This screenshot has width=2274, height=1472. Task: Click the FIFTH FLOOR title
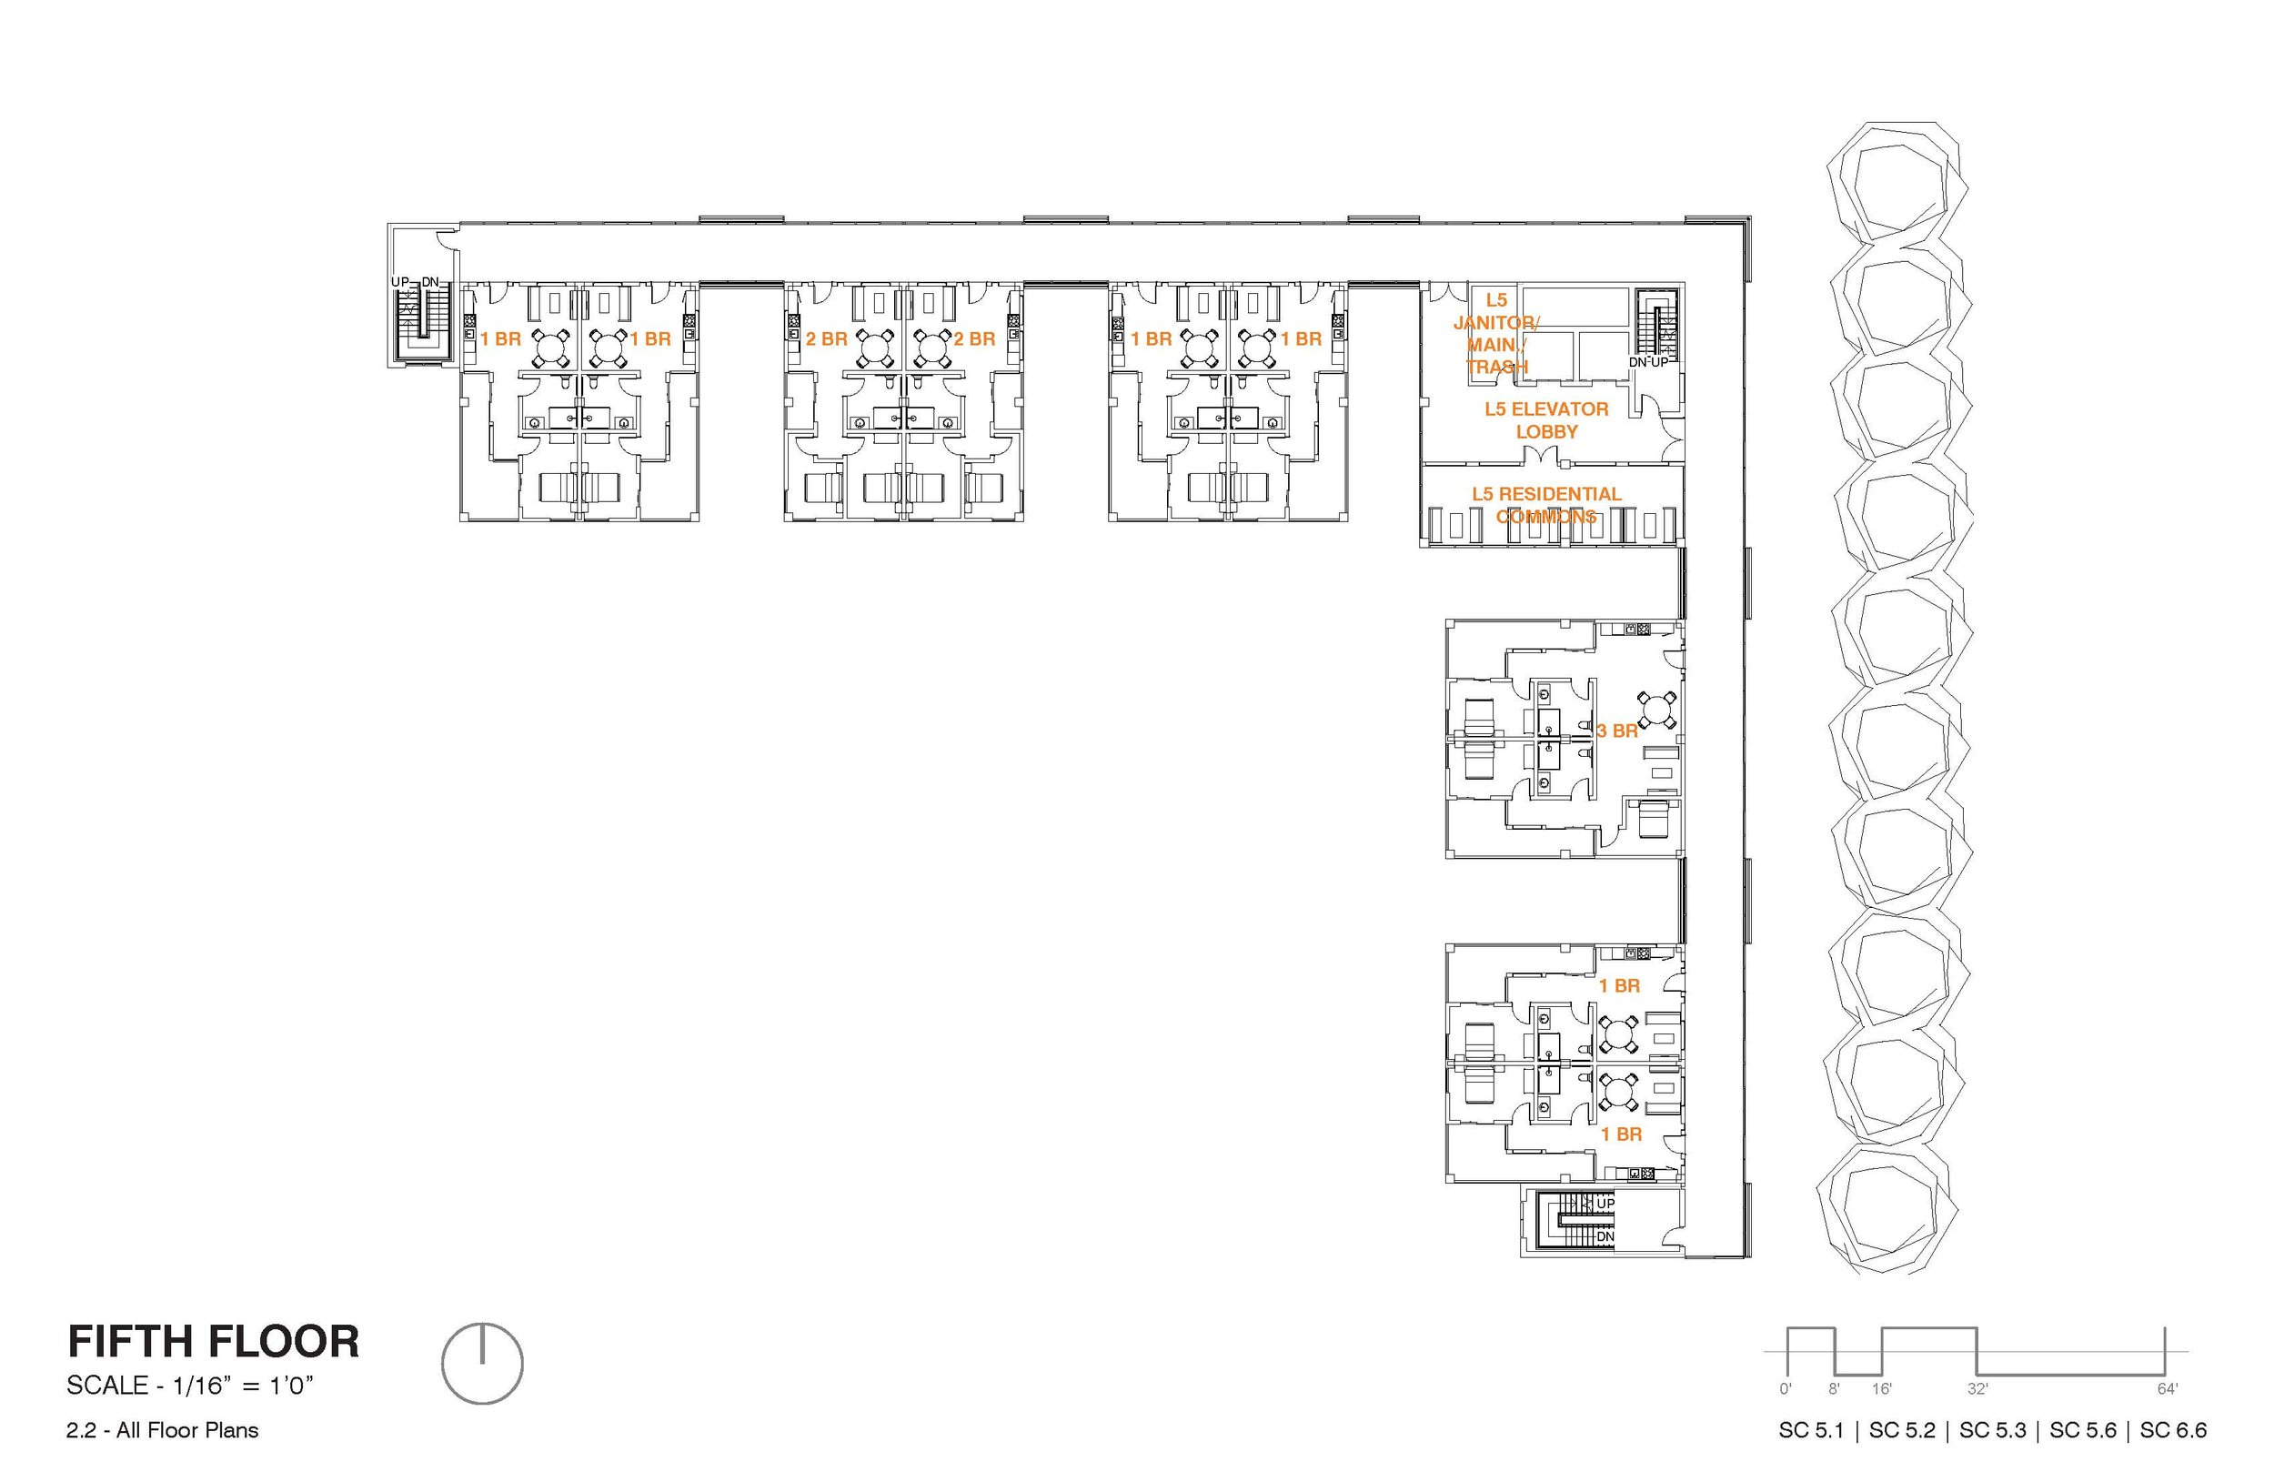click(213, 1342)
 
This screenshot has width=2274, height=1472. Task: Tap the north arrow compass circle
click(482, 1363)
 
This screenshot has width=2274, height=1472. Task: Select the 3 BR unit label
click(1616, 731)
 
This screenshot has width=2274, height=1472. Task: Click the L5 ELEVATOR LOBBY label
click(1546, 420)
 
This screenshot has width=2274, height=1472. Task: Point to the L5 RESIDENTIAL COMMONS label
click(1546, 505)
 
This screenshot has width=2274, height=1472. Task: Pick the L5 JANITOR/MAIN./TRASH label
click(1496, 334)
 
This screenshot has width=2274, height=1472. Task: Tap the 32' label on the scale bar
click(1977, 1389)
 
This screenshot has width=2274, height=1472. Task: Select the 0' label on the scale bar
click(1786, 1389)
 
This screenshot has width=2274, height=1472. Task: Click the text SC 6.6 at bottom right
click(2173, 1430)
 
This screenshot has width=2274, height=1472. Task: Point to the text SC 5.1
click(1811, 1430)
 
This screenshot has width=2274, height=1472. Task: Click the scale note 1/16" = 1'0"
click(190, 1386)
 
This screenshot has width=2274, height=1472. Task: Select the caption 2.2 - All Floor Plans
click(163, 1430)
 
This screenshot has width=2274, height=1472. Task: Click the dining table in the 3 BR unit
click(1657, 711)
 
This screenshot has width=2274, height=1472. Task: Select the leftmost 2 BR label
click(826, 339)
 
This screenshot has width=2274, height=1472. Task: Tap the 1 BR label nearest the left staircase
click(500, 339)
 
